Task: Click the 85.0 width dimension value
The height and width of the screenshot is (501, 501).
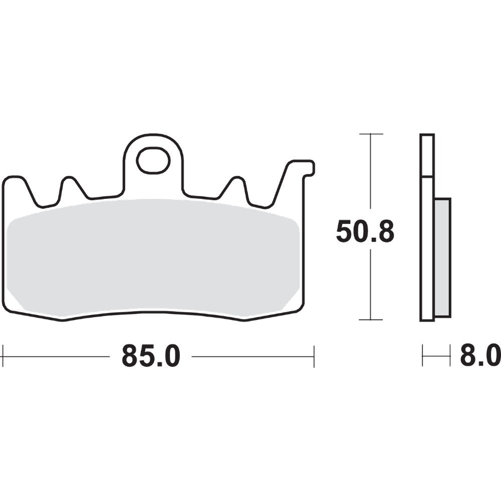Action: point(150,357)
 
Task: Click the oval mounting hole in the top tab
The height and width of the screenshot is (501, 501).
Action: point(153,160)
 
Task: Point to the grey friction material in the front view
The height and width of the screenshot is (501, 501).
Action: point(153,258)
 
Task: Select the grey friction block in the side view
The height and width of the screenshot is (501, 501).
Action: point(443,257)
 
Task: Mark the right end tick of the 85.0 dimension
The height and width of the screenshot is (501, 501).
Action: point(314,357)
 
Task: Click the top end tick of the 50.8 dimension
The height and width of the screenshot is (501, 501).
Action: point(371,134)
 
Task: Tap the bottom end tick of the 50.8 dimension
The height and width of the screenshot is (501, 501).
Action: point(371,320)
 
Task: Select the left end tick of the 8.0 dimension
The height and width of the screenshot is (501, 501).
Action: point(422,357)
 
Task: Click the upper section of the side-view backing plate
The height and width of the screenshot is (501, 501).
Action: point(427,155)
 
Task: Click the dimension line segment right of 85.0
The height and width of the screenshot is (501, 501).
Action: point(253,357)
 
